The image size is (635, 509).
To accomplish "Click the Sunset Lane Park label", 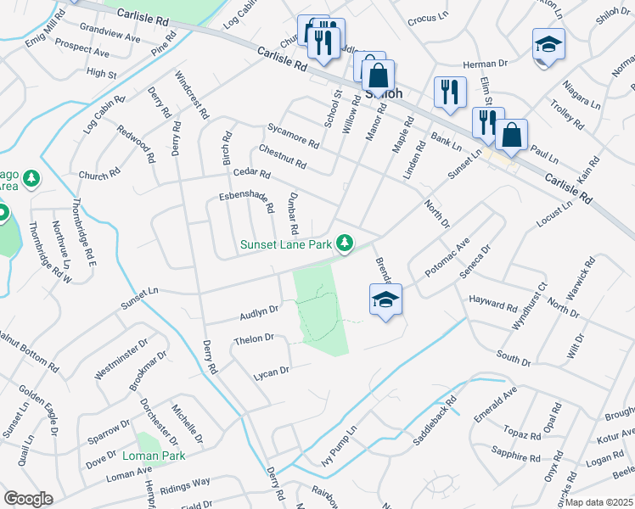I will (285, 245).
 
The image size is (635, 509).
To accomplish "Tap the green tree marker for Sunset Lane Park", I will (345, 244).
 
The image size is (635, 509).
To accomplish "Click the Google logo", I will (29, 498).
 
